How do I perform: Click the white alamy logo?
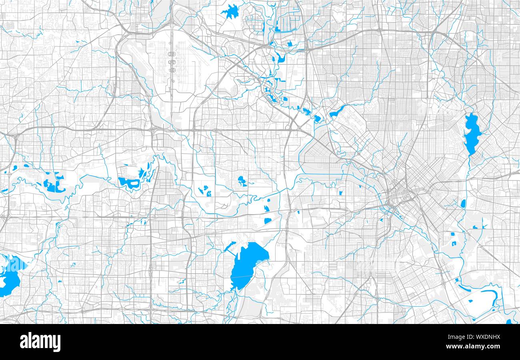40,342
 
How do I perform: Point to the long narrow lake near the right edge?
472,134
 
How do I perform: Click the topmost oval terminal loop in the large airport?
172,54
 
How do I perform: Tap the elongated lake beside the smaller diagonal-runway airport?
338,110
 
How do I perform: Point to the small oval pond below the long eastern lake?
463,204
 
